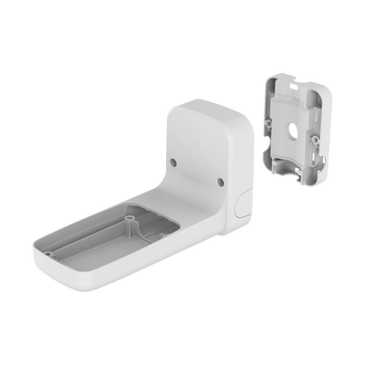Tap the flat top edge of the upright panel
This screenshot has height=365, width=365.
pyautogui.click(x=209, y=103)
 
